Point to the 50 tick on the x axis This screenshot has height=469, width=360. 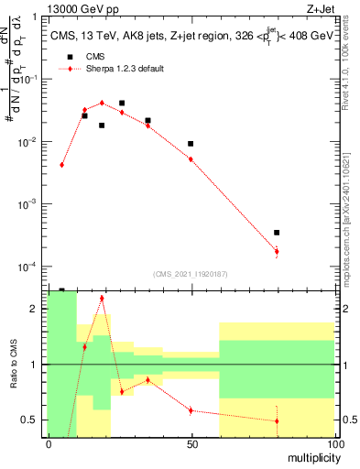[x=191, y=443]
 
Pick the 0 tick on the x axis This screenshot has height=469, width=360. [x=49, y=443]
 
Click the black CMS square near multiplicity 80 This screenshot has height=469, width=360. [x=277, y=233]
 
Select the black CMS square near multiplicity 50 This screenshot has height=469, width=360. [x=191, y=144]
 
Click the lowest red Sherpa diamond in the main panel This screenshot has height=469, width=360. [x=277, y=251]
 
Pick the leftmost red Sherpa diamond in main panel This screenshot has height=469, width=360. [x=61, y=165]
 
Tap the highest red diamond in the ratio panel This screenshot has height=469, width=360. [x=102, y=298]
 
